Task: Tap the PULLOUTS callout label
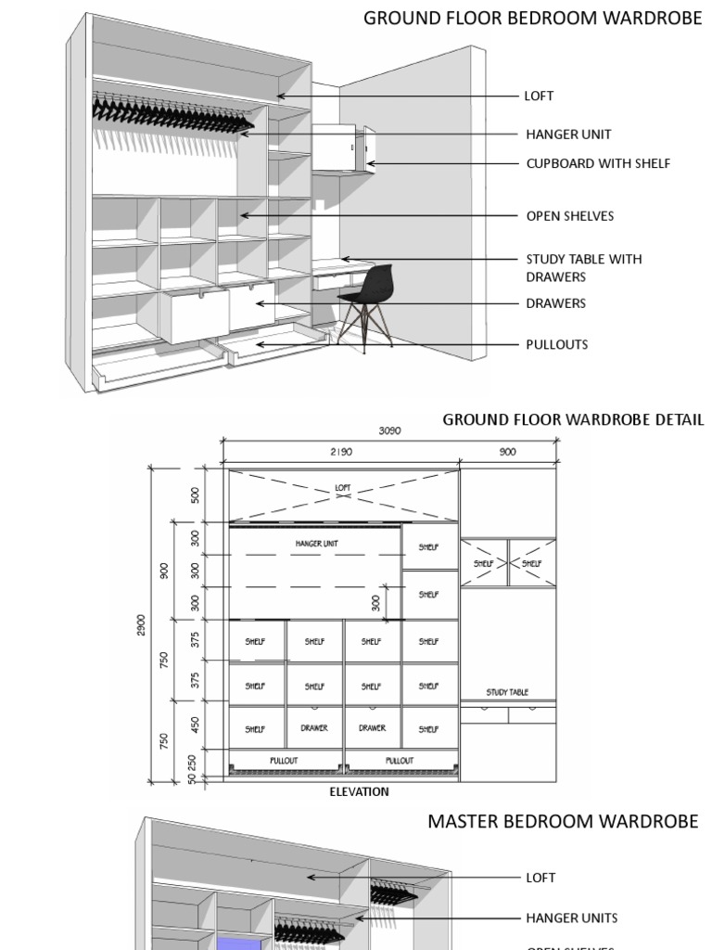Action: pyautogui.click(x=557, y=344)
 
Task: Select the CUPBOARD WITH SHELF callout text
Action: pyautogui.click(x=598, y=163)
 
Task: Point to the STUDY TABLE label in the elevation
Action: pyautogui.click(x=507, y=692)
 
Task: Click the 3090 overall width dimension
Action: pyautogui.click(x=390, y=430)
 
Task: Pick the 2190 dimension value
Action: pyautogui.click(x=342, y=452)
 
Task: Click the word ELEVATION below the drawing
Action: pyautogui.click(x=360, y=792)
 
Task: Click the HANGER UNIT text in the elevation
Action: pyautogui.click(x=316, y=544)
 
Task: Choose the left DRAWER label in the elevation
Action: pyautogui.click(x=314, y=728)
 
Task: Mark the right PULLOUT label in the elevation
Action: pyautogui.click(x=399, y=760)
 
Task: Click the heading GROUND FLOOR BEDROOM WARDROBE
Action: pyautogui.click(x=533, y=18)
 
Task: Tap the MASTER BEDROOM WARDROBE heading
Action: pyautogui.click(x=563, y=821)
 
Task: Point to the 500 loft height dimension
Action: pyautogui.click(x=196, y=494)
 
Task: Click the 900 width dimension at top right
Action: pyautogui.click(x=507, y=452)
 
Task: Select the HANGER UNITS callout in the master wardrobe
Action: pyautogui.click(x=572, y=918)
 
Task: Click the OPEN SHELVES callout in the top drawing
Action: pyautogui.click(x=570, y=216)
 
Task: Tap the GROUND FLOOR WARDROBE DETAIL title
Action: pyautogui.click(x=573, y=419)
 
